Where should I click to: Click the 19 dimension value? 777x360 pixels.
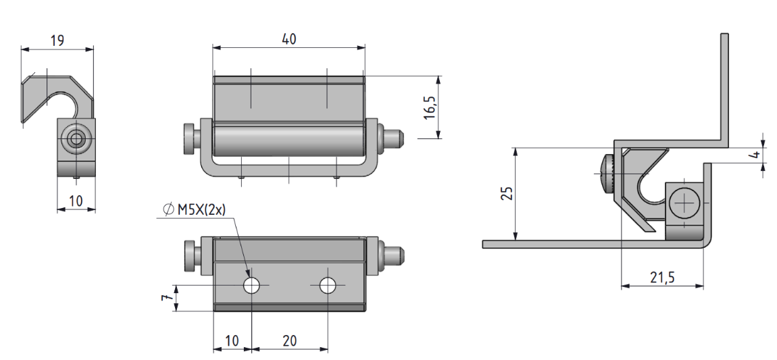[57, 40]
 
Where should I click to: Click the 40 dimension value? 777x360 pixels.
[289, 38]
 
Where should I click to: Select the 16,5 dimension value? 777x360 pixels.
[429, 107]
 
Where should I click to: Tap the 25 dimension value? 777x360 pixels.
[507, 193]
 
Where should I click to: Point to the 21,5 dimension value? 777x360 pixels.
[663, 278]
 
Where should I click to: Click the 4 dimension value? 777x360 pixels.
[755, 155]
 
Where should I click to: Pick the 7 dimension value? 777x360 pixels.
[168, 297]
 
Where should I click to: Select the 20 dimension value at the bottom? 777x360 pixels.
[290, 340]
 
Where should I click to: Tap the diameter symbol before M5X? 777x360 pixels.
[168, 210]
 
